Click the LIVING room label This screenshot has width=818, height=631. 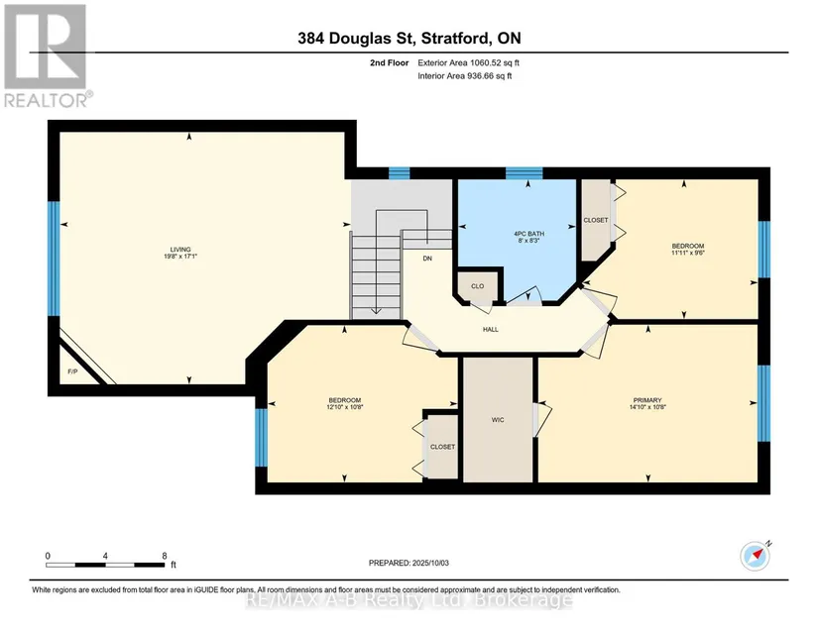coord(180,249)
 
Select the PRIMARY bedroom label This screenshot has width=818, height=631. coord(647,400)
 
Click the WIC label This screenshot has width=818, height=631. coord(498,419)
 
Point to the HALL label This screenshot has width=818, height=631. coord(491,329)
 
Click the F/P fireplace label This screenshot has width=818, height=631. coord(72,371)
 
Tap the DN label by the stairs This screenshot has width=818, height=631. coord(427,259)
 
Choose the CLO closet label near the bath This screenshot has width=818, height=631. coord(477,286)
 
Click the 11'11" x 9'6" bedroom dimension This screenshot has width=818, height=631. coord(687,253)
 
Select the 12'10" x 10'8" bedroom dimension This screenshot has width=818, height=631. coord(344,407)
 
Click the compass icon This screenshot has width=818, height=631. coord(756,556)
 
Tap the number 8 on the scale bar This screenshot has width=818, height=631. coord(165,556)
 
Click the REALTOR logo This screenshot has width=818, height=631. coord(47,55)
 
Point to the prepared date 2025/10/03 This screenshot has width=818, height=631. coord(430,563)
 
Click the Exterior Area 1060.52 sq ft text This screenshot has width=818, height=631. coord(468,63)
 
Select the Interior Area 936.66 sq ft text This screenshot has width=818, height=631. coord(465,76)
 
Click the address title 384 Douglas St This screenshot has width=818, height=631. coord(356,38)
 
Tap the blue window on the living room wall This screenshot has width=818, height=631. coord(54,259)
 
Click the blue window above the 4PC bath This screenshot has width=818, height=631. coord(525,173)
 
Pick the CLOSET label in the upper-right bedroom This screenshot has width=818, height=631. coord(596,221)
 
